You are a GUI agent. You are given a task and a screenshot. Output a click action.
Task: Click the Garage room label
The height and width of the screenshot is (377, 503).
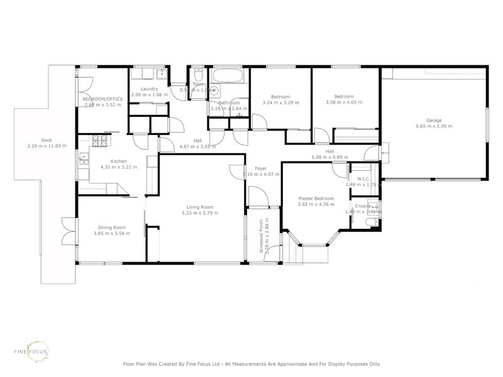click(434, 120)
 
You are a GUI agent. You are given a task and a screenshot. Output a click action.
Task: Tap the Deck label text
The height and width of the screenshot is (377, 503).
click(47, 140)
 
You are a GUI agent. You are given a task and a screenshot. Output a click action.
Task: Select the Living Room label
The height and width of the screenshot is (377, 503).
click(200, 207)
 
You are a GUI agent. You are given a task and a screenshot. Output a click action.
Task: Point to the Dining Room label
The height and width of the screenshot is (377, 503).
click(111, 227)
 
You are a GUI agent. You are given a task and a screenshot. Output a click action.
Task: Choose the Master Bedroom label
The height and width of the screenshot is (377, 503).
click(316, 199)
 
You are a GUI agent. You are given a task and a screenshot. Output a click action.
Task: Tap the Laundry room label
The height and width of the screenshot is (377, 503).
click(149, 89)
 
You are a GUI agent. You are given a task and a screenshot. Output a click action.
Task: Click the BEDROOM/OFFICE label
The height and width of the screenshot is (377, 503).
click(102, 99)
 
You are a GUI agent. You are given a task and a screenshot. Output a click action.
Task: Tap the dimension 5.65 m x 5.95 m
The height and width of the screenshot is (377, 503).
click(434, 126)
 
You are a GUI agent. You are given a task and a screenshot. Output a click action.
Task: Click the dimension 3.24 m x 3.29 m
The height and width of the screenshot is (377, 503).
click(280, 102)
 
